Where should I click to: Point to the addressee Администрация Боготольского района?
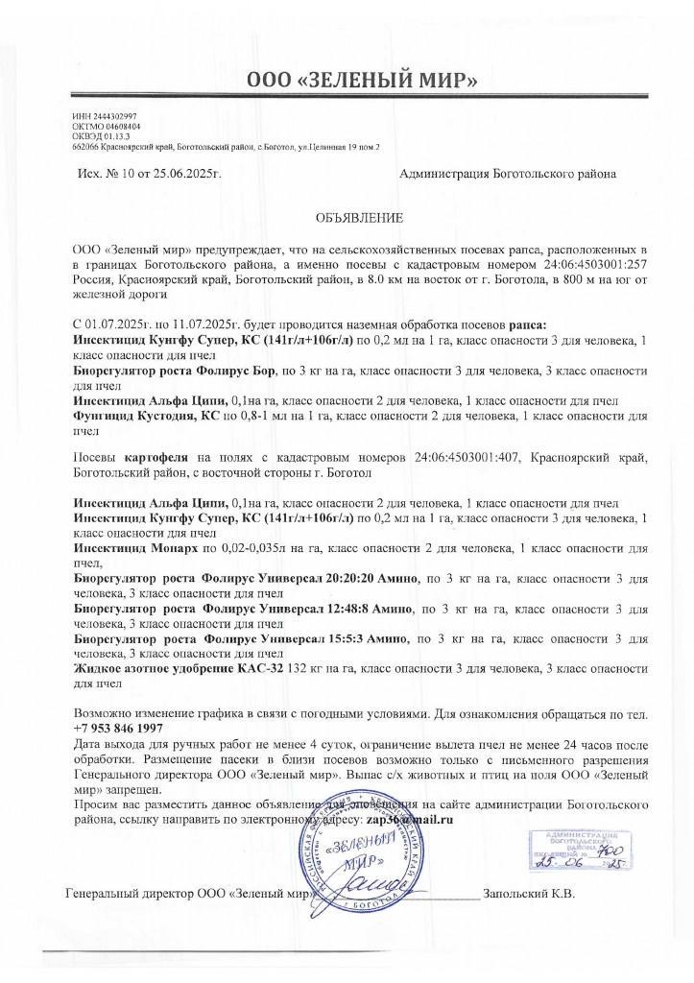point(507,174)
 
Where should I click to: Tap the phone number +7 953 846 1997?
point(117,729)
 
